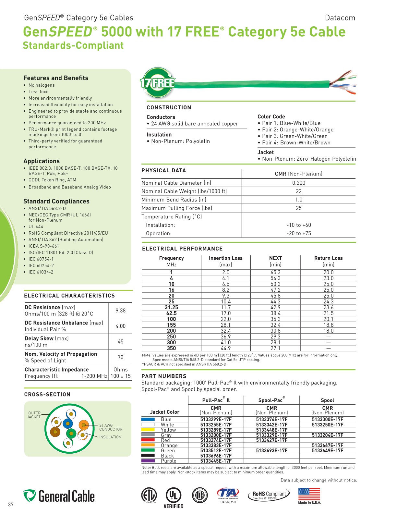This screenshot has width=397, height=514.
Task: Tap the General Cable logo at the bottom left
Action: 59,496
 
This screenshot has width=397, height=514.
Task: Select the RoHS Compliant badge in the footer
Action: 269,495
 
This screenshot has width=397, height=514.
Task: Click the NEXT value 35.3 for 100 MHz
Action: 275,319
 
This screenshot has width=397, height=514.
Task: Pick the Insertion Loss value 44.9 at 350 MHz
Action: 225,348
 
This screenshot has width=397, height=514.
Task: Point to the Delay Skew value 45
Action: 120,341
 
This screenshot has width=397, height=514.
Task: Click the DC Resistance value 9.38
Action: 120,311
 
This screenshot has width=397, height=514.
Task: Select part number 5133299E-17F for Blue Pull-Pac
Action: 216,419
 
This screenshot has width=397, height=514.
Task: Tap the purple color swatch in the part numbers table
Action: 148,461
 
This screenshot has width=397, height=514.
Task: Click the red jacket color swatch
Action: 148,440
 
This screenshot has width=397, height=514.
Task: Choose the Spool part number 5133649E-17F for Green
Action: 327,450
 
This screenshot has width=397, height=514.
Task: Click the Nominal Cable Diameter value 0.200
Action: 298,183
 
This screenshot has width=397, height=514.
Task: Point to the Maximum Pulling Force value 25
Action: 298,208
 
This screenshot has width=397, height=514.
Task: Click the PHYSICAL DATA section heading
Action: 163,171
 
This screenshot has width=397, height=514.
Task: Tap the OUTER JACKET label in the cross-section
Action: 34,415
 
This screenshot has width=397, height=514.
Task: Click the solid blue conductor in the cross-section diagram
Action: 68,423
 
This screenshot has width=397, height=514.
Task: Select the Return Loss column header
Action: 328,258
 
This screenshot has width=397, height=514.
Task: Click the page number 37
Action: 11,504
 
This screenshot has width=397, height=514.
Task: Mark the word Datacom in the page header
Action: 340,18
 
